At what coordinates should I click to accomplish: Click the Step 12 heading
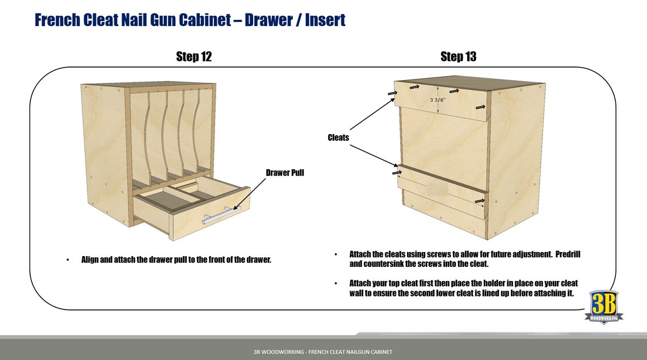[x=194, y=57]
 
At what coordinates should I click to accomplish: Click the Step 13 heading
[x=458, y=57]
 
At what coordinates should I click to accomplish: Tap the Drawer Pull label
[x=285, y=173]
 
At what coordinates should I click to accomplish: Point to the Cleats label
[x=338, y=137]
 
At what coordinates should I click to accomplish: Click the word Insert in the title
[x=325, y=20]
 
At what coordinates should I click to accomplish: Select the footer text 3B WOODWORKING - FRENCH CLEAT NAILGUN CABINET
[x=323, y=352]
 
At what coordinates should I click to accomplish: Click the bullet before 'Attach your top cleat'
[x=335, y=283]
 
